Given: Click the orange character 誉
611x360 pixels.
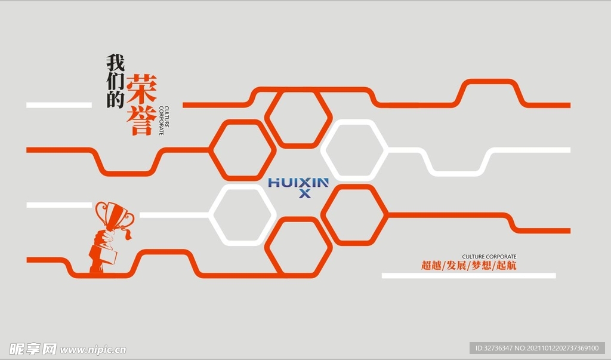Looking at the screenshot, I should tap(142, 121).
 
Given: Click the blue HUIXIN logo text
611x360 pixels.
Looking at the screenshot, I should tap(298, 182).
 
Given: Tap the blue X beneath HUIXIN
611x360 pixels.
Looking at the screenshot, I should tap(304, 193).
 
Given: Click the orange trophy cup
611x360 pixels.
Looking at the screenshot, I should tap(114, 215).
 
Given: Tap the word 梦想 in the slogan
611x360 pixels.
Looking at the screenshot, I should tap(481, 266).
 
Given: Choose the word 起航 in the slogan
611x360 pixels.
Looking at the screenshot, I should tap(507, 266).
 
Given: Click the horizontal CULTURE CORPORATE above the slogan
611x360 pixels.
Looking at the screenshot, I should tap(489, 257).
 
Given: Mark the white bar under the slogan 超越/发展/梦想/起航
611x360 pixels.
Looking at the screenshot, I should tap(468, 276).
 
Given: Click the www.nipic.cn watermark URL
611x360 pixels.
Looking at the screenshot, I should tap(93, 350).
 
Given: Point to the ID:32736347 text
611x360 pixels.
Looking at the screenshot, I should tap(493, 348).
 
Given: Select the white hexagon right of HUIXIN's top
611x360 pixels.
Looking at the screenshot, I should tap(354, 150).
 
